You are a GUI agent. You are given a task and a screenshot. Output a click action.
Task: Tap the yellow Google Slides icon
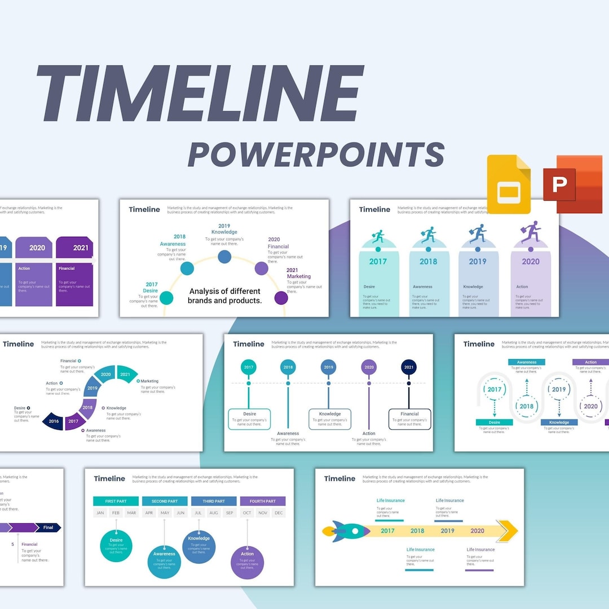point(509,184)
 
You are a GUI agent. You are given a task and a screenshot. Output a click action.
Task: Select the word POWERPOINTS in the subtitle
point(316,154)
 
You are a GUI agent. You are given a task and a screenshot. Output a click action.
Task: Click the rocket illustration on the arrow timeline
point(346,531)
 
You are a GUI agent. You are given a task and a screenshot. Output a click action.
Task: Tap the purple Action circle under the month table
point(247,562)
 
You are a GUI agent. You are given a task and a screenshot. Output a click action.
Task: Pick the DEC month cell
point(278,513)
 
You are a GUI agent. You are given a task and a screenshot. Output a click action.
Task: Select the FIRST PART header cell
point(116,501)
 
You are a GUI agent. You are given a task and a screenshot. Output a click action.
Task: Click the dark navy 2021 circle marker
point(409,367)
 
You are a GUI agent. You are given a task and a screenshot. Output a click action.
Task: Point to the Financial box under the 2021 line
point(409,419)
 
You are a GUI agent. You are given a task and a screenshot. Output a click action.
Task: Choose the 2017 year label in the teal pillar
point(378,261)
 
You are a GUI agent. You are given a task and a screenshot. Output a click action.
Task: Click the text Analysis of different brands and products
point(225,295)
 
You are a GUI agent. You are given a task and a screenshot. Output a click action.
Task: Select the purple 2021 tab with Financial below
point(74,248)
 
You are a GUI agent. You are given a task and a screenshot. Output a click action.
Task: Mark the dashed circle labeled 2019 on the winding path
point(558,389)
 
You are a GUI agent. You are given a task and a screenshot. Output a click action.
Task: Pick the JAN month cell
point(100,513)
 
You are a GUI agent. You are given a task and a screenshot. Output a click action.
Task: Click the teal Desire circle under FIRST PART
point(116,546)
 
